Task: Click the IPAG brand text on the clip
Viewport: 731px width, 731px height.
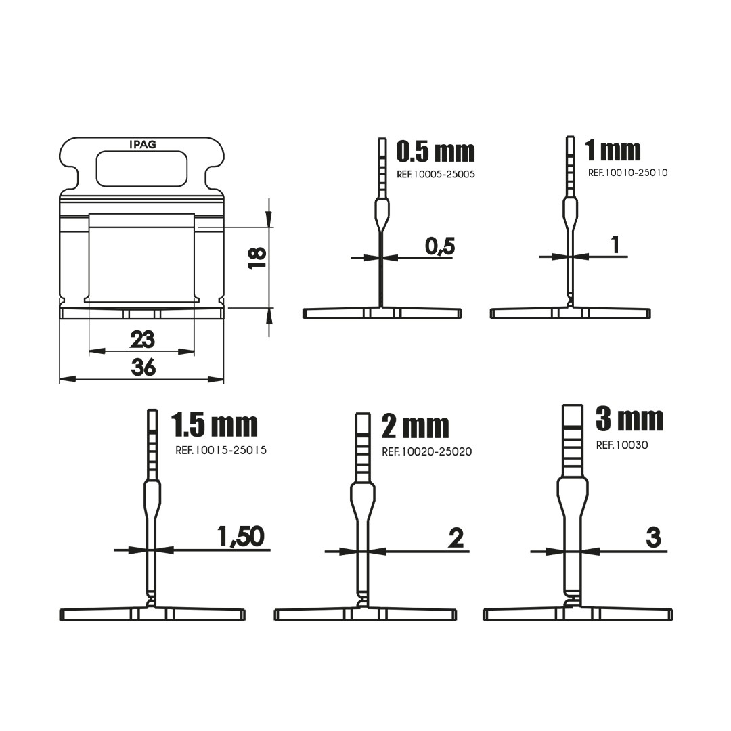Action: [143, 145]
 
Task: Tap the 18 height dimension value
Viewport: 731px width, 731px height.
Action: [257, 257]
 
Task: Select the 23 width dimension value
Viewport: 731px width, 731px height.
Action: [142, 339]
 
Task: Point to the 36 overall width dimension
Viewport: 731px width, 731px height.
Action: [143, 368]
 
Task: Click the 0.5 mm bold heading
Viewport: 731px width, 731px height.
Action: [435, 152]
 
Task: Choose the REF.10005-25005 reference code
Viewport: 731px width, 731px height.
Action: [436, 175]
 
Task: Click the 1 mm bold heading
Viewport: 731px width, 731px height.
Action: [613, 150]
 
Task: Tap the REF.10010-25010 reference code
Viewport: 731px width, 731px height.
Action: [627, 173]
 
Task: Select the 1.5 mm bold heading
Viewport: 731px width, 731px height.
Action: [214, 424]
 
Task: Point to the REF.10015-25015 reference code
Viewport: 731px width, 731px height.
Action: [221, 450]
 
